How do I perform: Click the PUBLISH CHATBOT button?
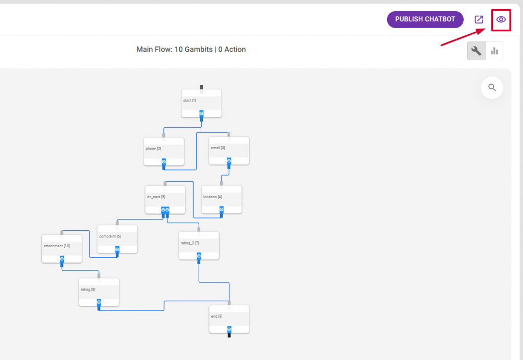coord(425,19)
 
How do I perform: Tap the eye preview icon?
coord(501,20)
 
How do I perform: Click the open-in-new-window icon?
coord(479,19)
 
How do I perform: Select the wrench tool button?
coord(477,51)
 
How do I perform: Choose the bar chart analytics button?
coord(494,51)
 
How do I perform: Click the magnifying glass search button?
coord(492,88)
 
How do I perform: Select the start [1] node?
coord(201,103)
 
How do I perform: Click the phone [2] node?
coord(164,152)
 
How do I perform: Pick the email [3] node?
coord(229,151)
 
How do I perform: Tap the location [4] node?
coord(222,199)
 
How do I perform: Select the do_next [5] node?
coord(165,199)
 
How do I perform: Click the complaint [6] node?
coord(117,239)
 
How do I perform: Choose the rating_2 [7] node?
coord(199,246)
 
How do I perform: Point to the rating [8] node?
coord(99,292)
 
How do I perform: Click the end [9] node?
coord(229,319)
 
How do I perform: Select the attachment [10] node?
coord(62,249)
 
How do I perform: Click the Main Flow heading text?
coord(191,50)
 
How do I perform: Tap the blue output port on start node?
coord(201,114)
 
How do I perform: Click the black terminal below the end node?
coord(229,335)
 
